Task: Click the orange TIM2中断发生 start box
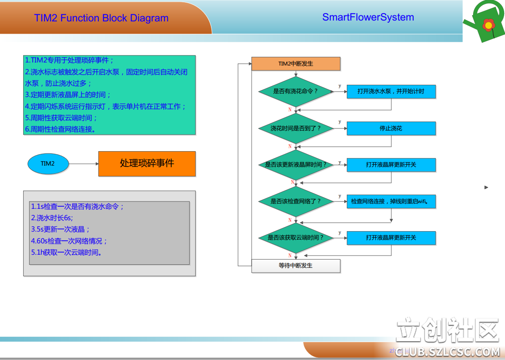(x=296, y=64)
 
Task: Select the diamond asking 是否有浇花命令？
(x=296, y=92)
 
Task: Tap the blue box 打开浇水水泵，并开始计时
(x=391, y=92)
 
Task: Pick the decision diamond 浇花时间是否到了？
(x=296, y=128)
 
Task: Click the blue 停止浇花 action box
(x=391, y=128)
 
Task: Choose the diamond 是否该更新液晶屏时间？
(x=296, y=165)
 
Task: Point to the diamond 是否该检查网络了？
(x=296, y=201)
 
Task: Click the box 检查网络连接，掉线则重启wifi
(x=391, y=201)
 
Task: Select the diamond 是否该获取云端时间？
(x=296, y=238)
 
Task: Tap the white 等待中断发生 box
(x=296, y=266)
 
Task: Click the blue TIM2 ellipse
(x=48, y=164)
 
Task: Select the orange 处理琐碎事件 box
(x=147, y=164)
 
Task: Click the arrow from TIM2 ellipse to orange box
(x=83, y=164)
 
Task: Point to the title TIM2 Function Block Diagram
(x=101, y=18)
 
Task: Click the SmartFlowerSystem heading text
(x=368, y=17)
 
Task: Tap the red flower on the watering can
(x=488, y=25)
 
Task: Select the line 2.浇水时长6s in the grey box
(x=52, y=218)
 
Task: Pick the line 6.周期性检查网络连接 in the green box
(x=60, y=129)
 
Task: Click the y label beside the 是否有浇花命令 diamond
(x=340, y=86)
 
